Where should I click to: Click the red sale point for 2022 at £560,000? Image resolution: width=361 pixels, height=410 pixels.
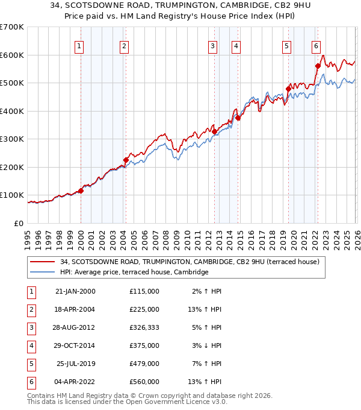tap(317, 66)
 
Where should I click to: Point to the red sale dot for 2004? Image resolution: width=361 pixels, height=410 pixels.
tap(126, 160)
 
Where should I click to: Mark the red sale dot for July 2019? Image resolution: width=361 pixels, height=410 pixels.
tap(288, 89)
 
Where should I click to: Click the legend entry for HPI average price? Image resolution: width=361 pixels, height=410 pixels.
tap(134, 272)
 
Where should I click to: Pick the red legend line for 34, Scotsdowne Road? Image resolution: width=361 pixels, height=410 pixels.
tap(42, 262)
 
